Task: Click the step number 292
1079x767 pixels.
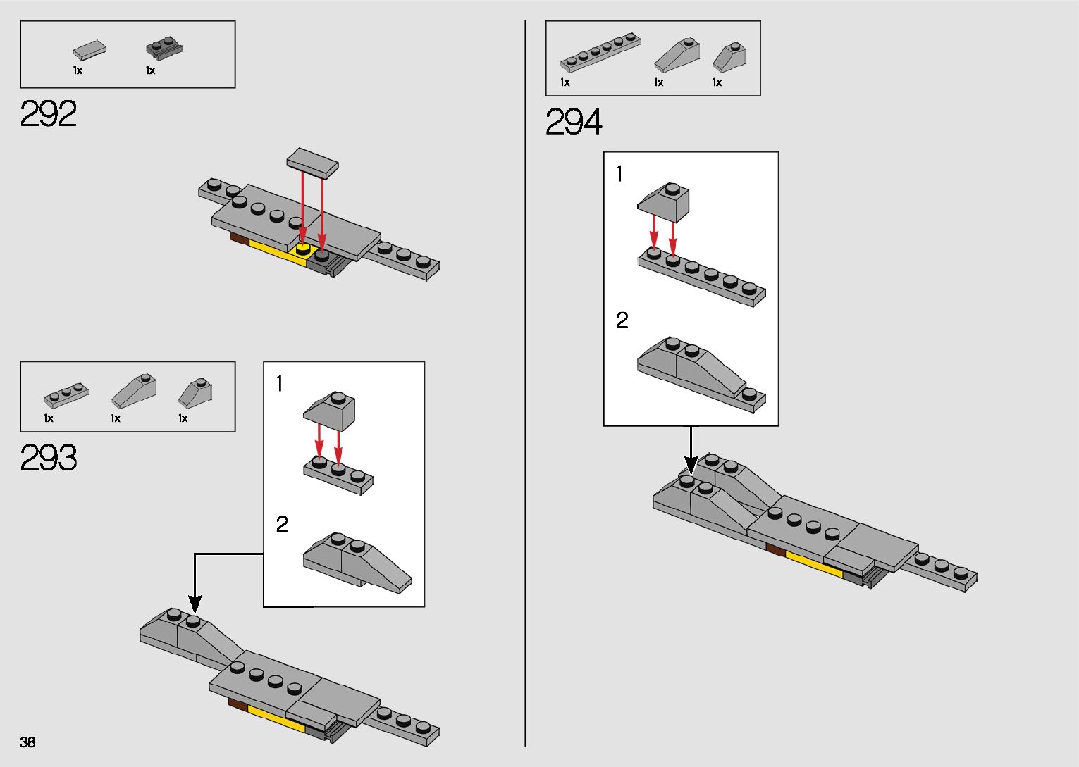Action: click(48, 113)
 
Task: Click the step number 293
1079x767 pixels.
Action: click(48, 458)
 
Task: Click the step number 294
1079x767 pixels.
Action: click(574, 122)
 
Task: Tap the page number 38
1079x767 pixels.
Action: click(27, 742)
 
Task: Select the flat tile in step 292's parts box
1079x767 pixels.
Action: click(90, 50)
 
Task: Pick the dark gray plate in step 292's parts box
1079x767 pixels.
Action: click(164, 48)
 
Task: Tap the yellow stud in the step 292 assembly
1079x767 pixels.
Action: click(303, 249)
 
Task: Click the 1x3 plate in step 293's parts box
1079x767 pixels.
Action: click(66, 395)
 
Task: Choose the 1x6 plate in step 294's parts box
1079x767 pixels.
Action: click(600, 51)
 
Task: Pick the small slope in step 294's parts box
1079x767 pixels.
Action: click(729, 57)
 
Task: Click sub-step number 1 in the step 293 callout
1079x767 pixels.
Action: click(280, 384)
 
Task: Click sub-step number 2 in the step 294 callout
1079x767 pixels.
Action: click(622, 320)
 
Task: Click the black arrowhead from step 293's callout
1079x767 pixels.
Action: click(195, 604)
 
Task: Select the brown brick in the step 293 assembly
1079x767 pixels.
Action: click(237, 703)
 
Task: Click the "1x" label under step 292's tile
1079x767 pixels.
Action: click(78, 70)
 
